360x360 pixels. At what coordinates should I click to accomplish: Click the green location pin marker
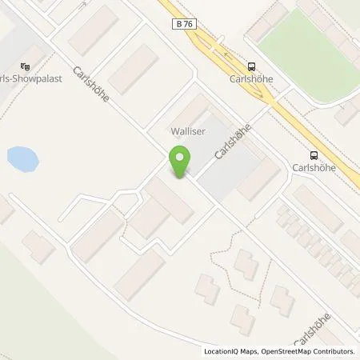(179, 161)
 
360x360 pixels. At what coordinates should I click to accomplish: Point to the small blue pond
(22, 159)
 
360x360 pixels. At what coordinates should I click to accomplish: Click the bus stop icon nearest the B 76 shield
(252, 67)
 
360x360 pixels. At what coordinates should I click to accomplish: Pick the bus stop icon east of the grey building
(313, 156)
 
